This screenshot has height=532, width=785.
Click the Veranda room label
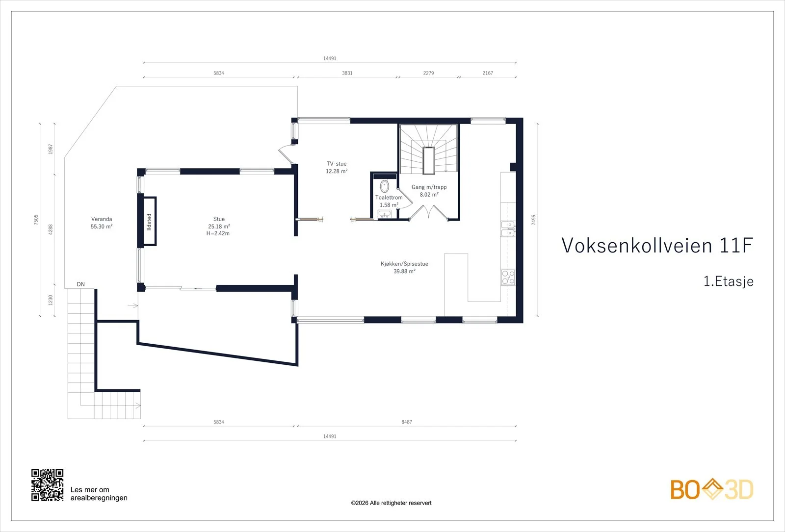click(102, 219)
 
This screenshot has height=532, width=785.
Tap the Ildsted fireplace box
click(150, 221)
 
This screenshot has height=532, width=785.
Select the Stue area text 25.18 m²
click(219, 227)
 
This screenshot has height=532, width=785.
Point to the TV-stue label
click(337, 164)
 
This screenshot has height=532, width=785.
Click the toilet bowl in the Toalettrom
click(385, 186)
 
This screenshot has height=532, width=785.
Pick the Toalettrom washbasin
click(385, 214)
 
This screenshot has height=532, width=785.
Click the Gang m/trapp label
click(429, 187)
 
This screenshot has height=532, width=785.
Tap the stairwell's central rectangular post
click(429, 161)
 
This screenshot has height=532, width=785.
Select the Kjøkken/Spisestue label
click(404, 264)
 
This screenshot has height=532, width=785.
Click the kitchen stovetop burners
click(508, 277)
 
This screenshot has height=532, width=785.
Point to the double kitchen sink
click(508, 228)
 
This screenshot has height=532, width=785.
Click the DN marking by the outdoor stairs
click(80, 284)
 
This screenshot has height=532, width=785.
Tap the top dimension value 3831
click(347, 73)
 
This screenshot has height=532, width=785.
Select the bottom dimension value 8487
click(407, 422)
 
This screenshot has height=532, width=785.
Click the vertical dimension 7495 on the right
click(533, 220)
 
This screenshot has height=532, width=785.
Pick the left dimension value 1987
click(51, 149)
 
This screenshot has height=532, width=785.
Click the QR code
click(47, 485)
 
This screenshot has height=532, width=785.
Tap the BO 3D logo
click(712, 489)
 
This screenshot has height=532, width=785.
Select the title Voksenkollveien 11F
click(657, 245)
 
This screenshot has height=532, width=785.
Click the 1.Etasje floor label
click(729, 281)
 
